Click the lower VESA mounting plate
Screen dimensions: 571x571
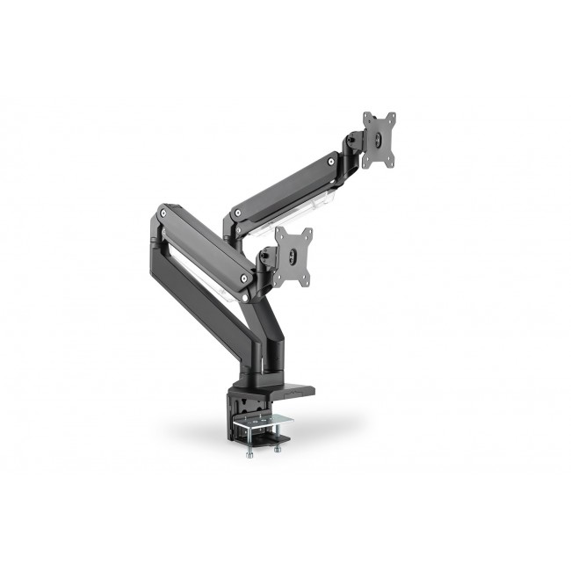[293, 257]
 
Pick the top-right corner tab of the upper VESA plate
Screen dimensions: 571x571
[392, 116]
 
